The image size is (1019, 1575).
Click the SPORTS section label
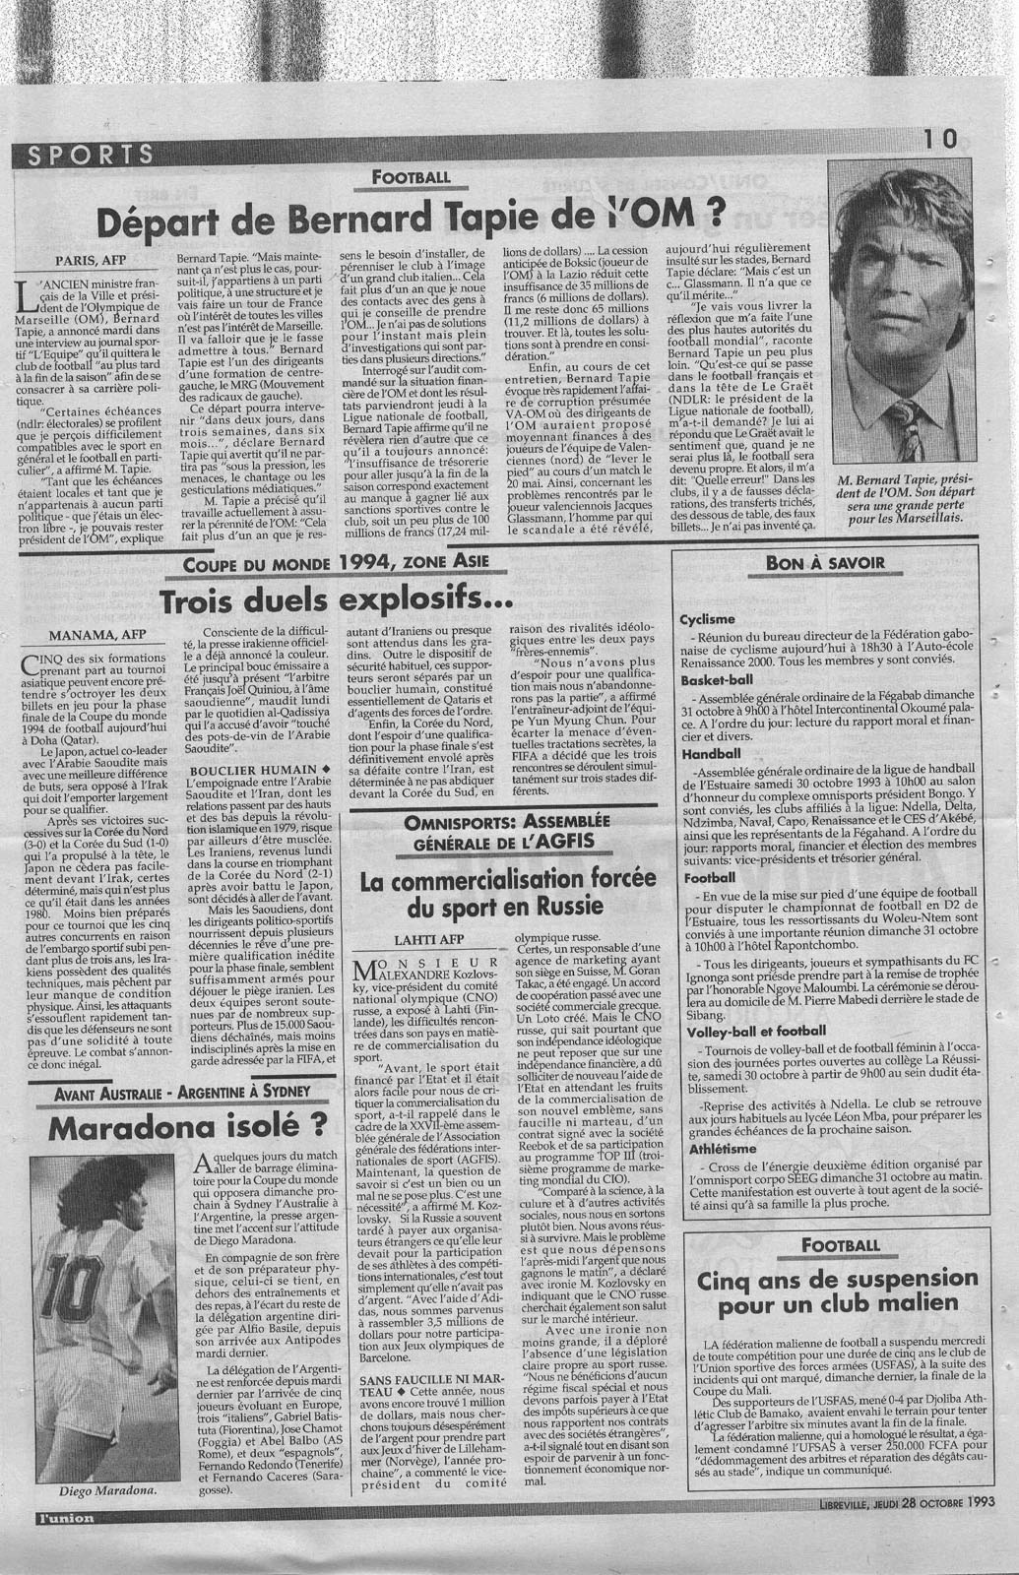[x=93, y=154]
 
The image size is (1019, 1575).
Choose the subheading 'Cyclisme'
[x=707, y=619]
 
